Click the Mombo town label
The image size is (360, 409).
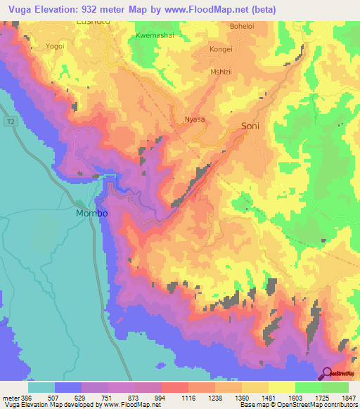pos(92,212)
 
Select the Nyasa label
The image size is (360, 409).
pos(194,119)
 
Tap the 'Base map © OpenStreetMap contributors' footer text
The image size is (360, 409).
pos(299,405)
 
